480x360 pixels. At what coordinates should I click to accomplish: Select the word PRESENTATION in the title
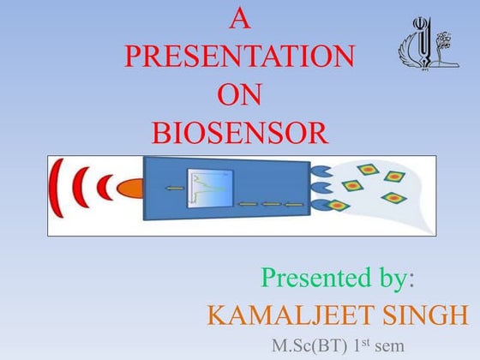pos(239,56)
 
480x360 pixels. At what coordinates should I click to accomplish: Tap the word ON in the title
pos(239,94)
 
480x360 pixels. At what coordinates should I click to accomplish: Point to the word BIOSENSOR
pos(239,133)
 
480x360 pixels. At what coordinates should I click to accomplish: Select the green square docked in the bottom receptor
pos(339,206)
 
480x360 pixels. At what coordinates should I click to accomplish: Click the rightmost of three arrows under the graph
pos(294,204)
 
